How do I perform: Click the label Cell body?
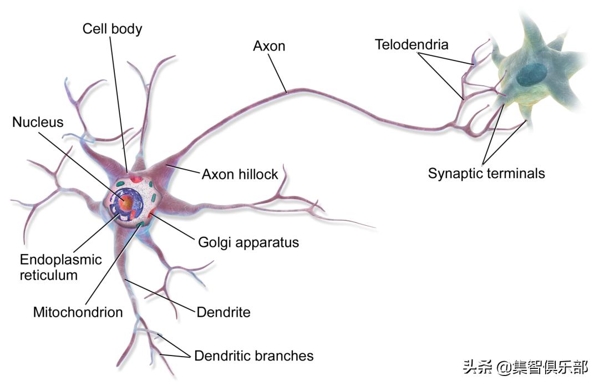[x=112, y=29]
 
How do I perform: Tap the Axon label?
[x=269, y=45]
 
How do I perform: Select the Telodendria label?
[x=412, y=44]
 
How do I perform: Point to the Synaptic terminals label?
[x=486, y=173]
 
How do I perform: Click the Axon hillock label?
[x=240, y=174]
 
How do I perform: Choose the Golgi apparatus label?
[x=248, y=242]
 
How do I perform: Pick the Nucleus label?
[x=38, y=122]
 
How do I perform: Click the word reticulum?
[x=49, y=275]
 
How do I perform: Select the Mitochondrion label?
[x=78, y=312]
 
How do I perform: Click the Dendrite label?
[x=224, y=312]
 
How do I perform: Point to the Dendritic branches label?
[x=253, y=355]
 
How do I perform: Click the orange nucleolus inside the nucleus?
[x=127, y=203]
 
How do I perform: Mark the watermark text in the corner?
[x=525, y=367]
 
